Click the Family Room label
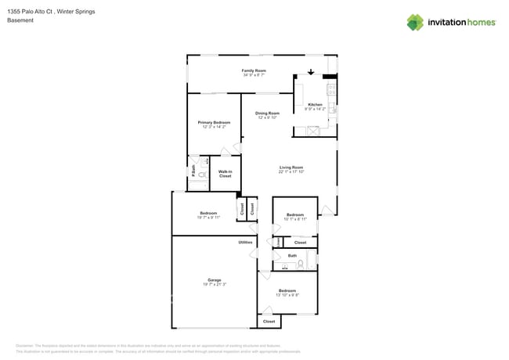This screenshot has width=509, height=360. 253,70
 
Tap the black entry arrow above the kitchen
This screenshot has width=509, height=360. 311,74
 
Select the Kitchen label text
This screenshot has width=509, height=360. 315,104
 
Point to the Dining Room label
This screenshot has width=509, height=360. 267,113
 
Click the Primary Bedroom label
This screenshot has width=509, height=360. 214,122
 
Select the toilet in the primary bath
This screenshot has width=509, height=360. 201,177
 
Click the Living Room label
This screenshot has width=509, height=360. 291,167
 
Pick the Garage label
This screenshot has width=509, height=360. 214,279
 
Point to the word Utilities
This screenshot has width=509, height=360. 245,243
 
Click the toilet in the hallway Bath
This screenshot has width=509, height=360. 300,264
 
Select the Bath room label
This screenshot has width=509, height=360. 292,255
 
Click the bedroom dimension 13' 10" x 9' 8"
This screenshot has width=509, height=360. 288,295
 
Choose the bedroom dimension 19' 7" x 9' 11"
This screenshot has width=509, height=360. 208,217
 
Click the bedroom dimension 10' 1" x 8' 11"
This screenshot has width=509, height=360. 294,219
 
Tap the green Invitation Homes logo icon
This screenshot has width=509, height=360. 415,22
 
